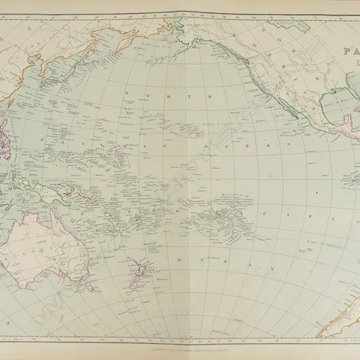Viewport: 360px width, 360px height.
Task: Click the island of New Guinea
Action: pyautogui.click(x=69, y=190)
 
